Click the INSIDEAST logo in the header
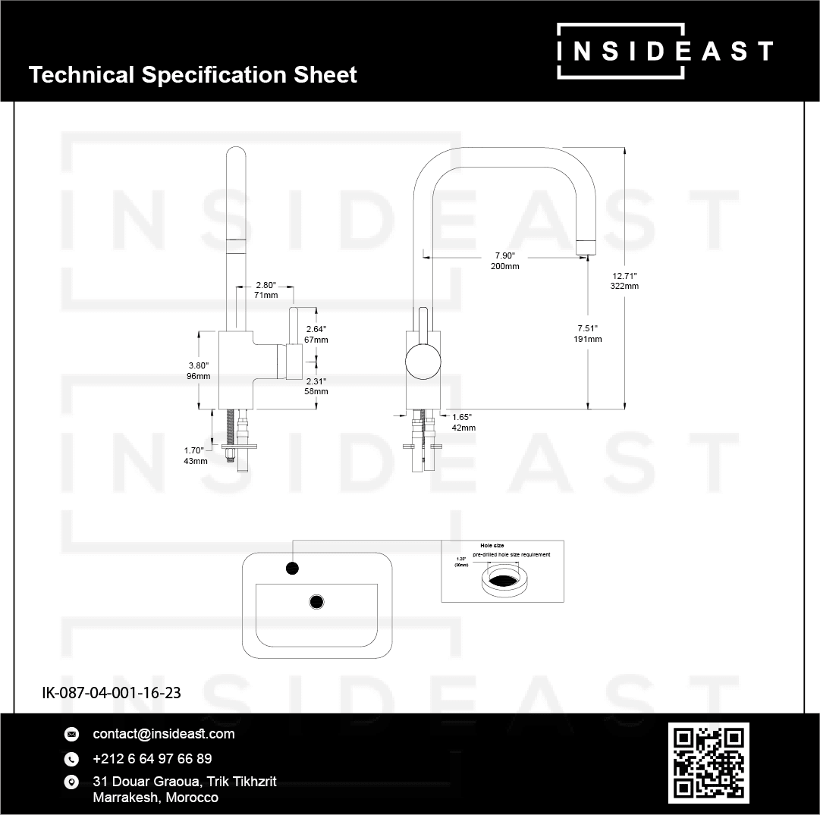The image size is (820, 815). (x=664, y=51)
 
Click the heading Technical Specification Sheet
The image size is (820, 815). (x=193, y=75)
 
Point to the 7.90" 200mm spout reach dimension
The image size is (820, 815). (x=505, y=261)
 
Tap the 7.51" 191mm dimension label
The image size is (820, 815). (x=588, y=334)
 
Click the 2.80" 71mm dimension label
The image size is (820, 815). (x=266, y=290)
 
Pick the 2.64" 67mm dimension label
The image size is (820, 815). (x=316, y=334)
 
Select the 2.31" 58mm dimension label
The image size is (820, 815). (x=316, y=386)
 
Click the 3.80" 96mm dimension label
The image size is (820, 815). (x=197, y=371)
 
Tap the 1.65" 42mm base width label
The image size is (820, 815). (x=463, y=422)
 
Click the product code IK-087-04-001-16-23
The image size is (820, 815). (x=111, y=692)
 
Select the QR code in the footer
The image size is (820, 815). (x=708, y=763)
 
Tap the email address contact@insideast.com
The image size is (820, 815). (x=163, y=734)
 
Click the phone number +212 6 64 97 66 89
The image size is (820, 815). (x=152, y=759)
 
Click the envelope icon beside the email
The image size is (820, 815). (x=72, y=734)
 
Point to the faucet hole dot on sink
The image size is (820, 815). (x=293, y=568)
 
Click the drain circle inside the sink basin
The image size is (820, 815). (x=316, y=602)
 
